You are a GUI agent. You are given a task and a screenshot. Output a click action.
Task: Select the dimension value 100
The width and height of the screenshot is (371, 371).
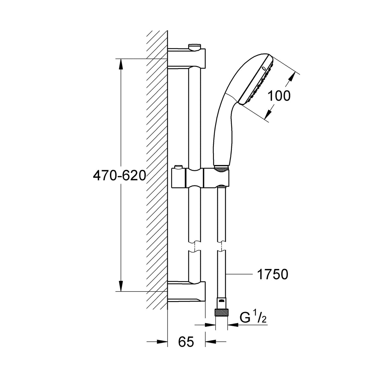[279, 96]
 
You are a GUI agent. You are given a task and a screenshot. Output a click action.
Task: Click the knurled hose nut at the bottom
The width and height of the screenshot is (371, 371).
[221, 314]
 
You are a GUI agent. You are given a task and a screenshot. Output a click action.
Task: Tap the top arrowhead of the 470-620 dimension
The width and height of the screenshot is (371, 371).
[121, 64]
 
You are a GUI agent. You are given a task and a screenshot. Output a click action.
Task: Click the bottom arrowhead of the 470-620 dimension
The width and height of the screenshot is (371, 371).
[121, 286]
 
